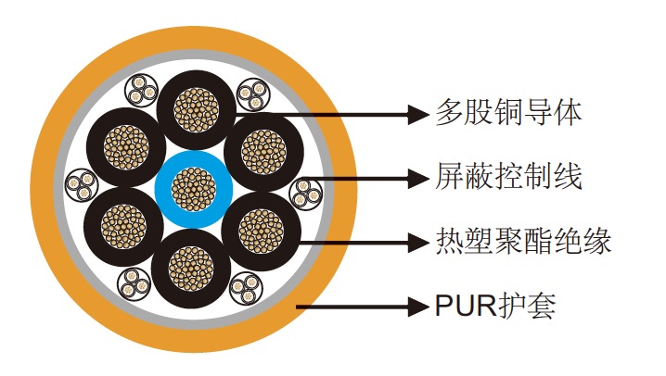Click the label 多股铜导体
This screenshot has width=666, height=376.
[509, 114]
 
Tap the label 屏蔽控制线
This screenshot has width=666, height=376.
[509, 176]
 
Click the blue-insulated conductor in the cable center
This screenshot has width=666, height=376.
[194, 188]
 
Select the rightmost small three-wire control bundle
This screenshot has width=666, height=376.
[305, 193]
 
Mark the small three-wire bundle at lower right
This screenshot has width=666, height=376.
[249, 290]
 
